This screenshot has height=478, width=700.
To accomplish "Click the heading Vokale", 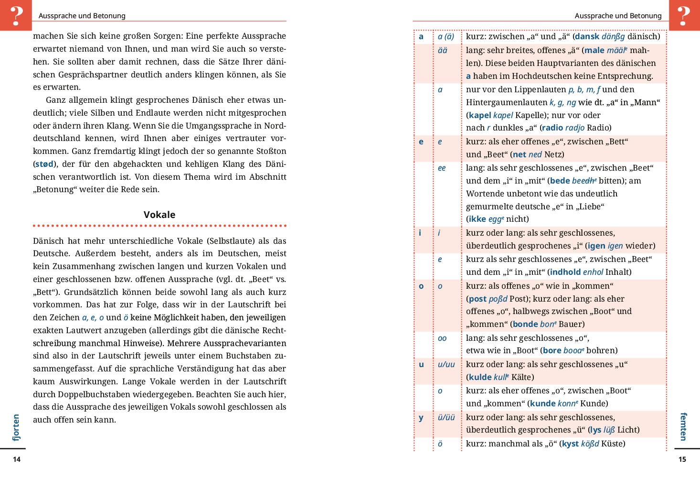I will pyautogui.click(x=159, y=215).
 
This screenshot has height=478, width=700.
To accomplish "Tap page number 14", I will pyautogui.click(x=17, y=459).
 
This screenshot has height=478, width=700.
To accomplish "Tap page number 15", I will pyautogui.click(x=682, y=459).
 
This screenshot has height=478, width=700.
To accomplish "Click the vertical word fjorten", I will pyautogui.click(x=17, y=427).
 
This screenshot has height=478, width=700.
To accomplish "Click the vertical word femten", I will pyautogui.click(x=683, y=426).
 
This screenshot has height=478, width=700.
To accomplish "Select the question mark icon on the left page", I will pyautogui.click(x=16, y=15).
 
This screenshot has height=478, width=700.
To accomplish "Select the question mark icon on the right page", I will pyautogui.click(x=684, y=15).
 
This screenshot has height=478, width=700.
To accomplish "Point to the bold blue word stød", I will pyautogui.click(x=45, y=164).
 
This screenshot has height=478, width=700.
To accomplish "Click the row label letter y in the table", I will pyautogui.click(x=421, y=417).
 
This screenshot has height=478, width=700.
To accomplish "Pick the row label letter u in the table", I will pyautogui.click(x=421, y=364).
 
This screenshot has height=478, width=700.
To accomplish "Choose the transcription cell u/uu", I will pyautogui.click(x=446, y=364).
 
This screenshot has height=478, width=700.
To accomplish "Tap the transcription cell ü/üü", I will pyautogui.click(x=446, y=417).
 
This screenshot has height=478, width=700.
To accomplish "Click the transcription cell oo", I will pyautogui.click(x=442, y=338).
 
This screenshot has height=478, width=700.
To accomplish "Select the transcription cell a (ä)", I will pyautogui.click(x=446, y=36).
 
